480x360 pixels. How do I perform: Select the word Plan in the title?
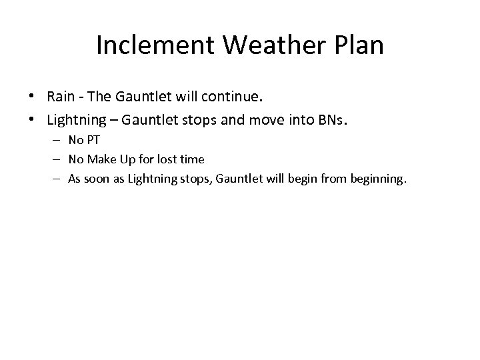point(360,45)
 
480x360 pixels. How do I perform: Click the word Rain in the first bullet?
point(60,97)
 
